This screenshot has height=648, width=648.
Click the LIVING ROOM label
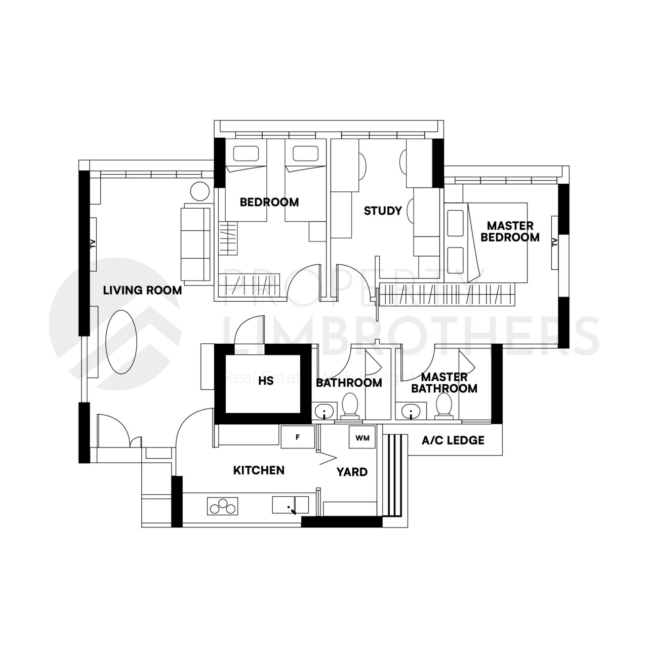(x=142, y=291)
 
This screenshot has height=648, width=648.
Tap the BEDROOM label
(x=269, y=202)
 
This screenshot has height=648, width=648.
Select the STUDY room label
(x=383, y=211)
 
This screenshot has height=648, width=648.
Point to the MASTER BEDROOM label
(x=510, y=231)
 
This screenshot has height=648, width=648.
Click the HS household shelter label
(x=265, y=381)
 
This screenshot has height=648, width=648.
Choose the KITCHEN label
(x=258, y=470)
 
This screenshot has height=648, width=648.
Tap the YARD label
(x=352, y=472)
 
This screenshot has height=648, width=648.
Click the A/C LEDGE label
(x=453, y=440)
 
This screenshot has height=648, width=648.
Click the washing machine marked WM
(x=362, y=437)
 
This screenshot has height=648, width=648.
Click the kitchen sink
(x=290, y=505)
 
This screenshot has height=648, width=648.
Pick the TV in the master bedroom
(x=555, y=242)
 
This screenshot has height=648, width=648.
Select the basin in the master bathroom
(x=411, y=411)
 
